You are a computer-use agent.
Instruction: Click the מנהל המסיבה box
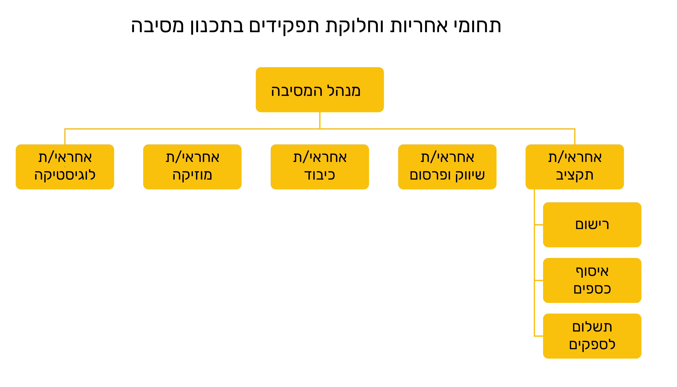[320, 90]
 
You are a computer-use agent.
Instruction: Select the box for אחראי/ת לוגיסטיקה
[65, 167]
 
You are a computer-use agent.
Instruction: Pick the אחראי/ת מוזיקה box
[192, 167]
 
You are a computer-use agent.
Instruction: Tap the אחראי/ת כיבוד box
[320, 167]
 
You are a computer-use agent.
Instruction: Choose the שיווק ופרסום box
[447, 167]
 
